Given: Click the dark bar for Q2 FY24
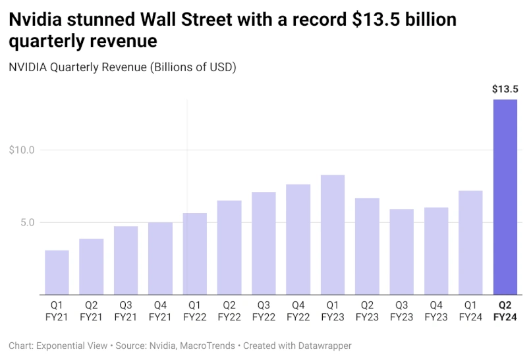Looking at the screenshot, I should pos(505,197).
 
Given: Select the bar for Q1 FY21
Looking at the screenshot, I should pos(57,272).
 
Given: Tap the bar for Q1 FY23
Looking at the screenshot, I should pos(333,235).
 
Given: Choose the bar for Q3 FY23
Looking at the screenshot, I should pos(401,252).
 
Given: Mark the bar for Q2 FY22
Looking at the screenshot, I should pos(229,247).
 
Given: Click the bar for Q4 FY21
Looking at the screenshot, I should pos(160,258).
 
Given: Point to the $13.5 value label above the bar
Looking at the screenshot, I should pos(505,89).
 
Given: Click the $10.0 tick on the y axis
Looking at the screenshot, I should pos(22,150).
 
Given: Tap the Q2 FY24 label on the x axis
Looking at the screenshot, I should pos(505,311).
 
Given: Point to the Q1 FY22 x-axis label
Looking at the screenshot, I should pos(194,311).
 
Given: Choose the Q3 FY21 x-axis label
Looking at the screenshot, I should pos(126,311).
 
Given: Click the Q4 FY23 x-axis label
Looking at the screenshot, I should pos(435,311).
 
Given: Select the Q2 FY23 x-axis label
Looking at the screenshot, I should pos(367,311).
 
